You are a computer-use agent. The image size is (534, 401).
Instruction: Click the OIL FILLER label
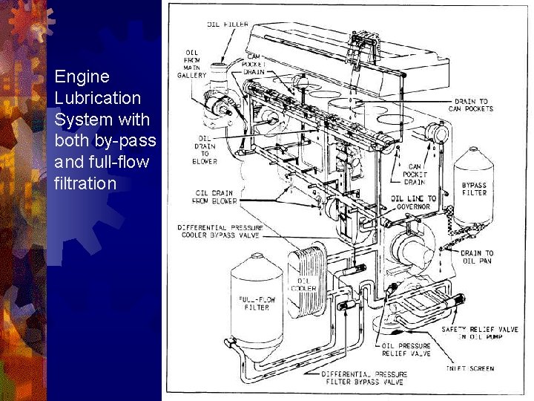[228, 24]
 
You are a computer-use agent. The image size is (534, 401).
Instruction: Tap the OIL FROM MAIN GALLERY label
[191, 64]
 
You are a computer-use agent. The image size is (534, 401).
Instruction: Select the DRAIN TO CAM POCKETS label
[471, 105]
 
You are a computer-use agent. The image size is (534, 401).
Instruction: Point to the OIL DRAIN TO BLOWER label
[205, 150]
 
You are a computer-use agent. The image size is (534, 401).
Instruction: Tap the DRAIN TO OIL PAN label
[476, 257]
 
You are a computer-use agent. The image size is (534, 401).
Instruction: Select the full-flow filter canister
[257, 301]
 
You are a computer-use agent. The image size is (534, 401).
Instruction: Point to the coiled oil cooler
[307, 278]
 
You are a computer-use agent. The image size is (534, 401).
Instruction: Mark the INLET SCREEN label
[469, 368]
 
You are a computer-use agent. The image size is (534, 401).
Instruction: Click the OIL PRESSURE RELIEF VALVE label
[406, 350]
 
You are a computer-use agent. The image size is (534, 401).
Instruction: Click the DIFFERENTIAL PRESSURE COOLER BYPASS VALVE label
[220, 231]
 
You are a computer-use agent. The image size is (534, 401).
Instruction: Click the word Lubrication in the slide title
[97, 98]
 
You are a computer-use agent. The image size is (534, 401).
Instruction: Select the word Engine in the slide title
[82, 76]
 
